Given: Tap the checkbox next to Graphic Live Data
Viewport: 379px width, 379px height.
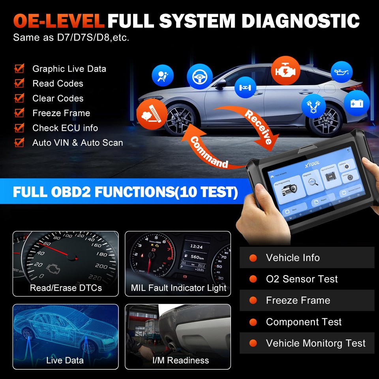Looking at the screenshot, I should click(19, 69).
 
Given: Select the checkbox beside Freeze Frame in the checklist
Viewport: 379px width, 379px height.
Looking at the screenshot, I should click(19, 113).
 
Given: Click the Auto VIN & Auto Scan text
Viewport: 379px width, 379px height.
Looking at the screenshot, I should click(77, 143).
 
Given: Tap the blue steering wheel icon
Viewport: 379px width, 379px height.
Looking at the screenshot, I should click(199, 77).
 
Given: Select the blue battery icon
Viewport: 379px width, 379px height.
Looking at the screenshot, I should click(356, 103).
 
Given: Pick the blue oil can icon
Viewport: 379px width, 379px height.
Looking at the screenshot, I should click(341, 72).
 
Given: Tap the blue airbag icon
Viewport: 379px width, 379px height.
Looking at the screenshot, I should click(163, 76).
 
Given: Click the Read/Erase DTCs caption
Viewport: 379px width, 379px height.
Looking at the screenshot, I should click(66, 288).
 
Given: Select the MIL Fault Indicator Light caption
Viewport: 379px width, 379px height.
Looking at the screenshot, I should click(178, 288).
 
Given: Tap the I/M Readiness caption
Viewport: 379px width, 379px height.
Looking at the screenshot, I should click(180, 360).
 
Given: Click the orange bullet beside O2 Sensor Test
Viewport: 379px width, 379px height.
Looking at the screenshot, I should click(253, 280).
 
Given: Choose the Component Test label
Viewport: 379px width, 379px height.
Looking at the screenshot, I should click(304, 322).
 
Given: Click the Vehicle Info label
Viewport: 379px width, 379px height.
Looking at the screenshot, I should click(293, 258).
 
